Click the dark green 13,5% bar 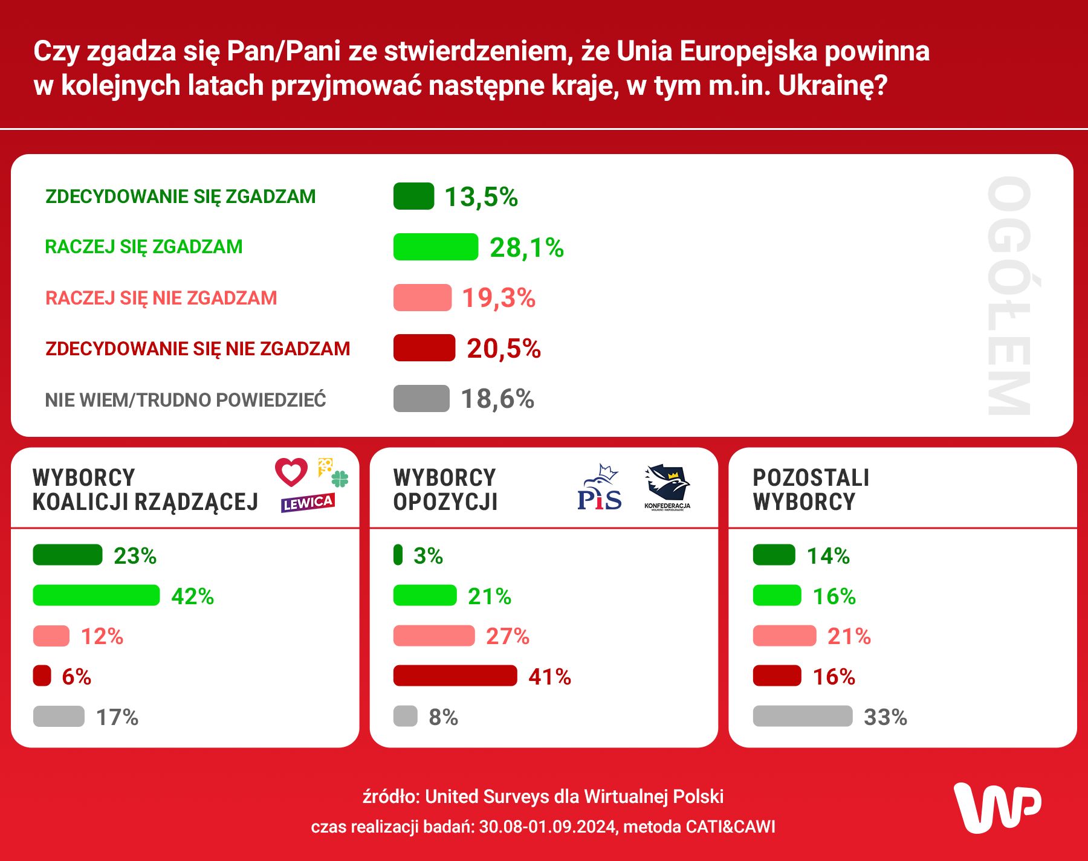point(413,196)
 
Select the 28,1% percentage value point(526,248)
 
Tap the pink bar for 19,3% point(422,298)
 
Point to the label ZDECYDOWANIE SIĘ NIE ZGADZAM point(198,349)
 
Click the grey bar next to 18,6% point(421,399)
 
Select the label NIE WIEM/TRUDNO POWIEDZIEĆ point(186,400)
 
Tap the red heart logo point(291,472)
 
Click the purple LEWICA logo point(308,503)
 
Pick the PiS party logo point(599,488)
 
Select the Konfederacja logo point(667,487)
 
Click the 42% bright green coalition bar point(96,596)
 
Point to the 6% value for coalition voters point(76,677)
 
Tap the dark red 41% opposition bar point(455,676)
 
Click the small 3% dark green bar point(398,555)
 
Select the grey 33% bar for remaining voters point(802,717)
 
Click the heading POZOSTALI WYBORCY point(811,489)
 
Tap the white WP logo point(997,808)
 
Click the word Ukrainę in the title point(832,86)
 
